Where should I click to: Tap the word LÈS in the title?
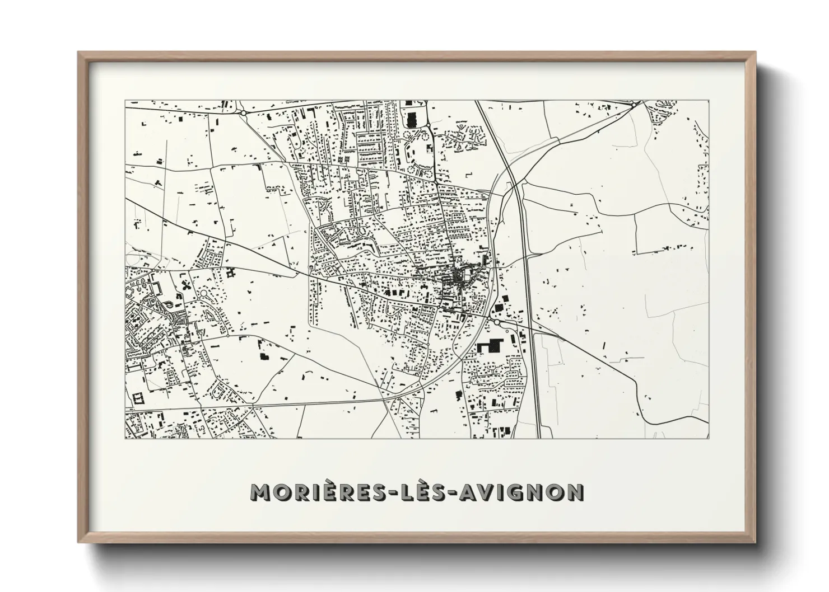point(417,492)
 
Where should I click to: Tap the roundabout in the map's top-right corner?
point(632,105)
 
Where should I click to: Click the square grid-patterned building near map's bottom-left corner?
point(137,399)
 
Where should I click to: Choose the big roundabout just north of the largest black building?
point(496,322)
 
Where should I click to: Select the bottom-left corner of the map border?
point(125,438)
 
